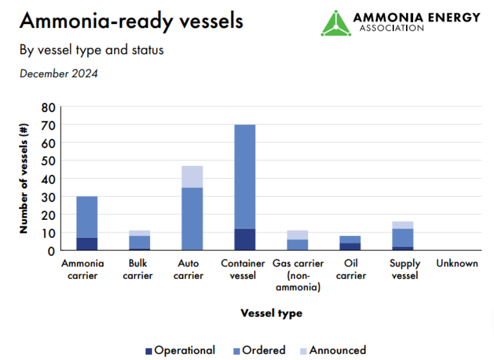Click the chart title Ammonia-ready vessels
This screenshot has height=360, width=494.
click(x=131, y=21)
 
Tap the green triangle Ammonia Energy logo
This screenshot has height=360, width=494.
click(x=336, y=23)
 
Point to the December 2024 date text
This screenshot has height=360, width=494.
click(x=59, y=74)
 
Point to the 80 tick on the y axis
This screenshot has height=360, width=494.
click(x=48, y=107)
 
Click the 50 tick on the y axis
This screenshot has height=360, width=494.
click(x=48, y=161)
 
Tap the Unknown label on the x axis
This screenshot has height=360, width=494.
click(x=457, y=263)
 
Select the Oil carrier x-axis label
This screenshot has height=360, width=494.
click(x=351, y=269)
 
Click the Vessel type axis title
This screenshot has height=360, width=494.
click(x=271, y=313)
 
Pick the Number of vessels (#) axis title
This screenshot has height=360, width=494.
click(x=23, y=179)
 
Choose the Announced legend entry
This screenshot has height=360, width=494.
click(x=333, y=350)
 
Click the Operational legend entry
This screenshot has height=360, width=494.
click(x=180, y=350)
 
